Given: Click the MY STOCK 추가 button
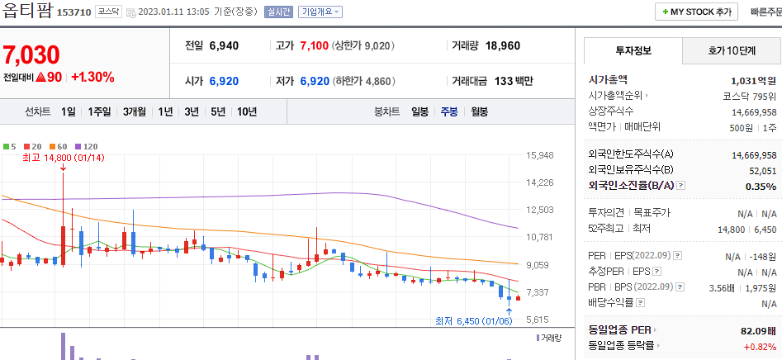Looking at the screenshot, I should (697, 12).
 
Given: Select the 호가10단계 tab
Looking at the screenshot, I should (732, 50).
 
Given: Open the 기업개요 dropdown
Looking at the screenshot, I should (320, 12).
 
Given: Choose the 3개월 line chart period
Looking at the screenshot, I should (135, 111).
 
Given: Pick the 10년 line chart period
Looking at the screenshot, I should (247, 111).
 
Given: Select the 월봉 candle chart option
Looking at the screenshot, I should (480, 111).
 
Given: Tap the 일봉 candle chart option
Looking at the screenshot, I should (419, 111).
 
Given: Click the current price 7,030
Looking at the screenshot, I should (31, 55).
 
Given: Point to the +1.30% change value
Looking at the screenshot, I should (92, 78).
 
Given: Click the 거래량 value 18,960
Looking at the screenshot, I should (503, 45).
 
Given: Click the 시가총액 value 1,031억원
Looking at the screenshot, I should (754, 81).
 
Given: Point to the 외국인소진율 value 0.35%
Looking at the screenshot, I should (761, 187).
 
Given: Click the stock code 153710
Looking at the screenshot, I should (73, 12).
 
